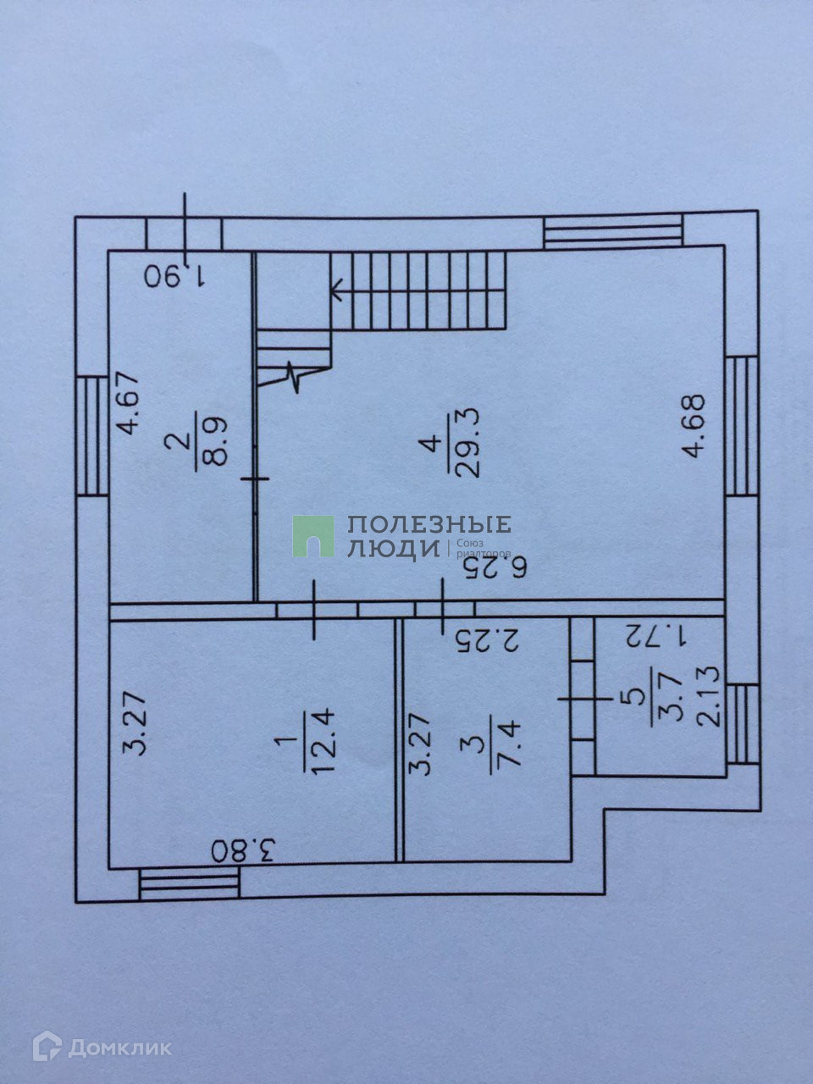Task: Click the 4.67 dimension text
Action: [x=130, y=402]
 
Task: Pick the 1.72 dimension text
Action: [x=656, y=634]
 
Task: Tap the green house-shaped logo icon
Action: [x=312, y=537]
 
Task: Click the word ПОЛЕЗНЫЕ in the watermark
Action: [x=429, y=525]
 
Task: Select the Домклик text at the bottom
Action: [x=119, y=1048]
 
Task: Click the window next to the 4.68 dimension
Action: [x=741, y=425]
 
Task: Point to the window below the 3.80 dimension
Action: [x=190, y=887]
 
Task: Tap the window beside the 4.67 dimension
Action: [x=91, y=436]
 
